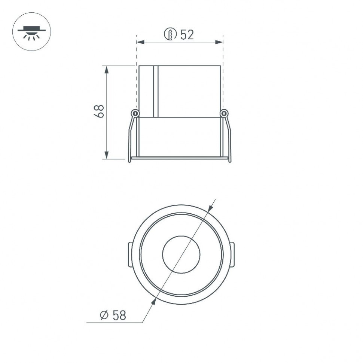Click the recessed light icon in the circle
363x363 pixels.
(x=32, y=32)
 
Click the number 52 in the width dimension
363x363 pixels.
(x=187, y=35)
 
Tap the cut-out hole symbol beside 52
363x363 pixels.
(x=170, y=34)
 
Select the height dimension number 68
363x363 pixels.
(x=99, y=112)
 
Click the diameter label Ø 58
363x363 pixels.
(x=113, y=315)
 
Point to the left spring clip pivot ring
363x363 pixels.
(x=135, y=113)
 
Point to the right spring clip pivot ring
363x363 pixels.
(x=224, y=113)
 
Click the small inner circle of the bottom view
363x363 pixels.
(x=181, y=254)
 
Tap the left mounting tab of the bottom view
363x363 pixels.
(x=130, y=254)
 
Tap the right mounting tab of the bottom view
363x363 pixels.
(x=232, y=254)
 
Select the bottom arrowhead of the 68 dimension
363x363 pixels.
(x=107, y=155)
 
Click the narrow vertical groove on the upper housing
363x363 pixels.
(x=156, y=91)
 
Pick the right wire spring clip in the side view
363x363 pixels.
(x=229, y=138)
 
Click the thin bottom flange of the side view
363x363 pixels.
(x=180, y=158)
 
